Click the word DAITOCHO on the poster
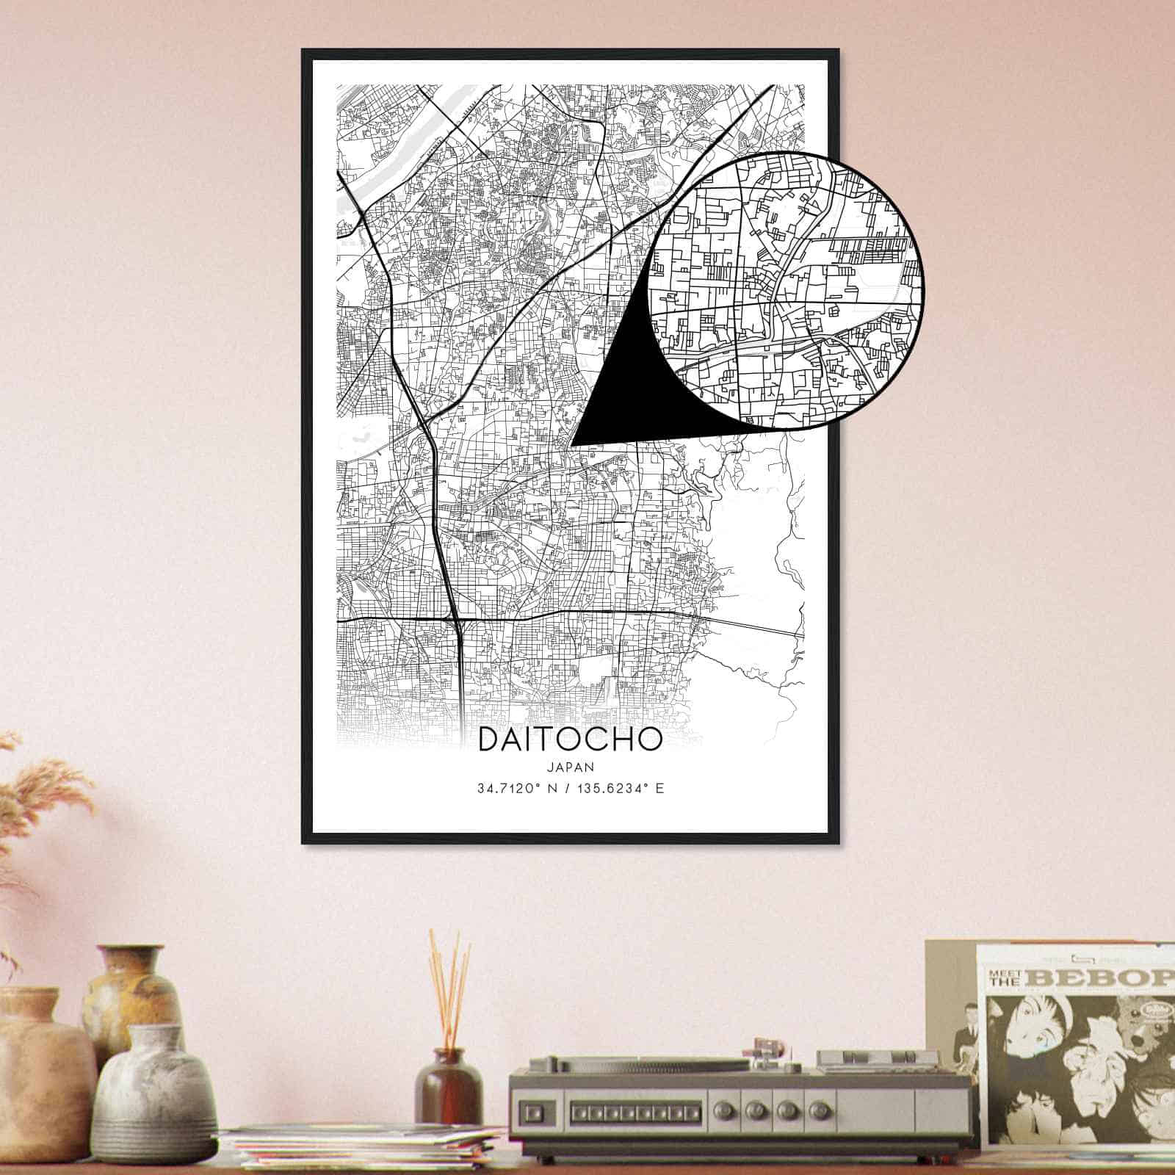point(570,740)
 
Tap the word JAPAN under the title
point(570,767)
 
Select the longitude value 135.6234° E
point(618,789)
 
